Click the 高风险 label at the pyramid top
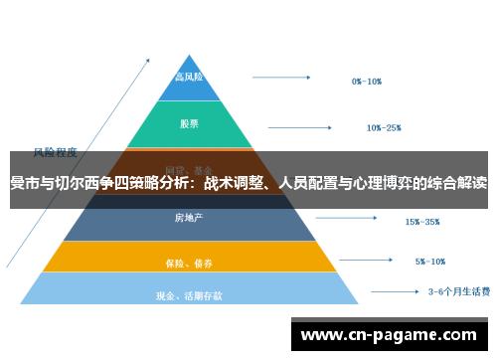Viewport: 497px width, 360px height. tap(189, 77)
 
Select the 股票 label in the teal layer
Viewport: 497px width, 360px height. tap(189, 124)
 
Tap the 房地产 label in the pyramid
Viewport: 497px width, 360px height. tap(189, 218)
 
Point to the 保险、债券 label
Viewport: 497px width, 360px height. tap(189, 264)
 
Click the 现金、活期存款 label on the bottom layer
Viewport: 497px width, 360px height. tap(189, 295)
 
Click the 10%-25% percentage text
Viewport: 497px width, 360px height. tap(384, 127)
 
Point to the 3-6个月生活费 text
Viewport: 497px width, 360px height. tap(458, 292)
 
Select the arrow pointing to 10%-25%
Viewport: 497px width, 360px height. tap(303, 125)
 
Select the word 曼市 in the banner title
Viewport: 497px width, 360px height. tap(24, 183)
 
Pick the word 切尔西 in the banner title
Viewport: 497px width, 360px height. tap(76, 183)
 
